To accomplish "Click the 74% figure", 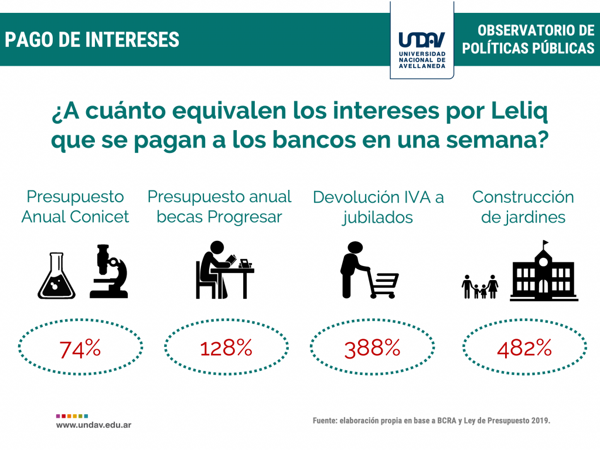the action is coord(80,349).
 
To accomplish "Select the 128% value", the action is coord(226,348).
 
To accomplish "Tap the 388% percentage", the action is coord(372,349).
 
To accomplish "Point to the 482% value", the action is coord(524,348).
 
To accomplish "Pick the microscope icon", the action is coord(109,271).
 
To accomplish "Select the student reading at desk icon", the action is coord(224,270).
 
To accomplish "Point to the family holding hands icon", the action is coord(480,287).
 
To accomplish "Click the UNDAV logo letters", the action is coord(422,39).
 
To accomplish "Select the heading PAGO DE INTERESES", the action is coord(92,40).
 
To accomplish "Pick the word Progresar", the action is coord(244,217).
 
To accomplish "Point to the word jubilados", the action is coord(377,217).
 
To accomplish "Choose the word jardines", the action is coord(523,217).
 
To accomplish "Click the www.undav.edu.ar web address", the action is coord(94,425).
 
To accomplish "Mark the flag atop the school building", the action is coord(546,243).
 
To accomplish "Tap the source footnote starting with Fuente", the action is coord(431,421).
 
